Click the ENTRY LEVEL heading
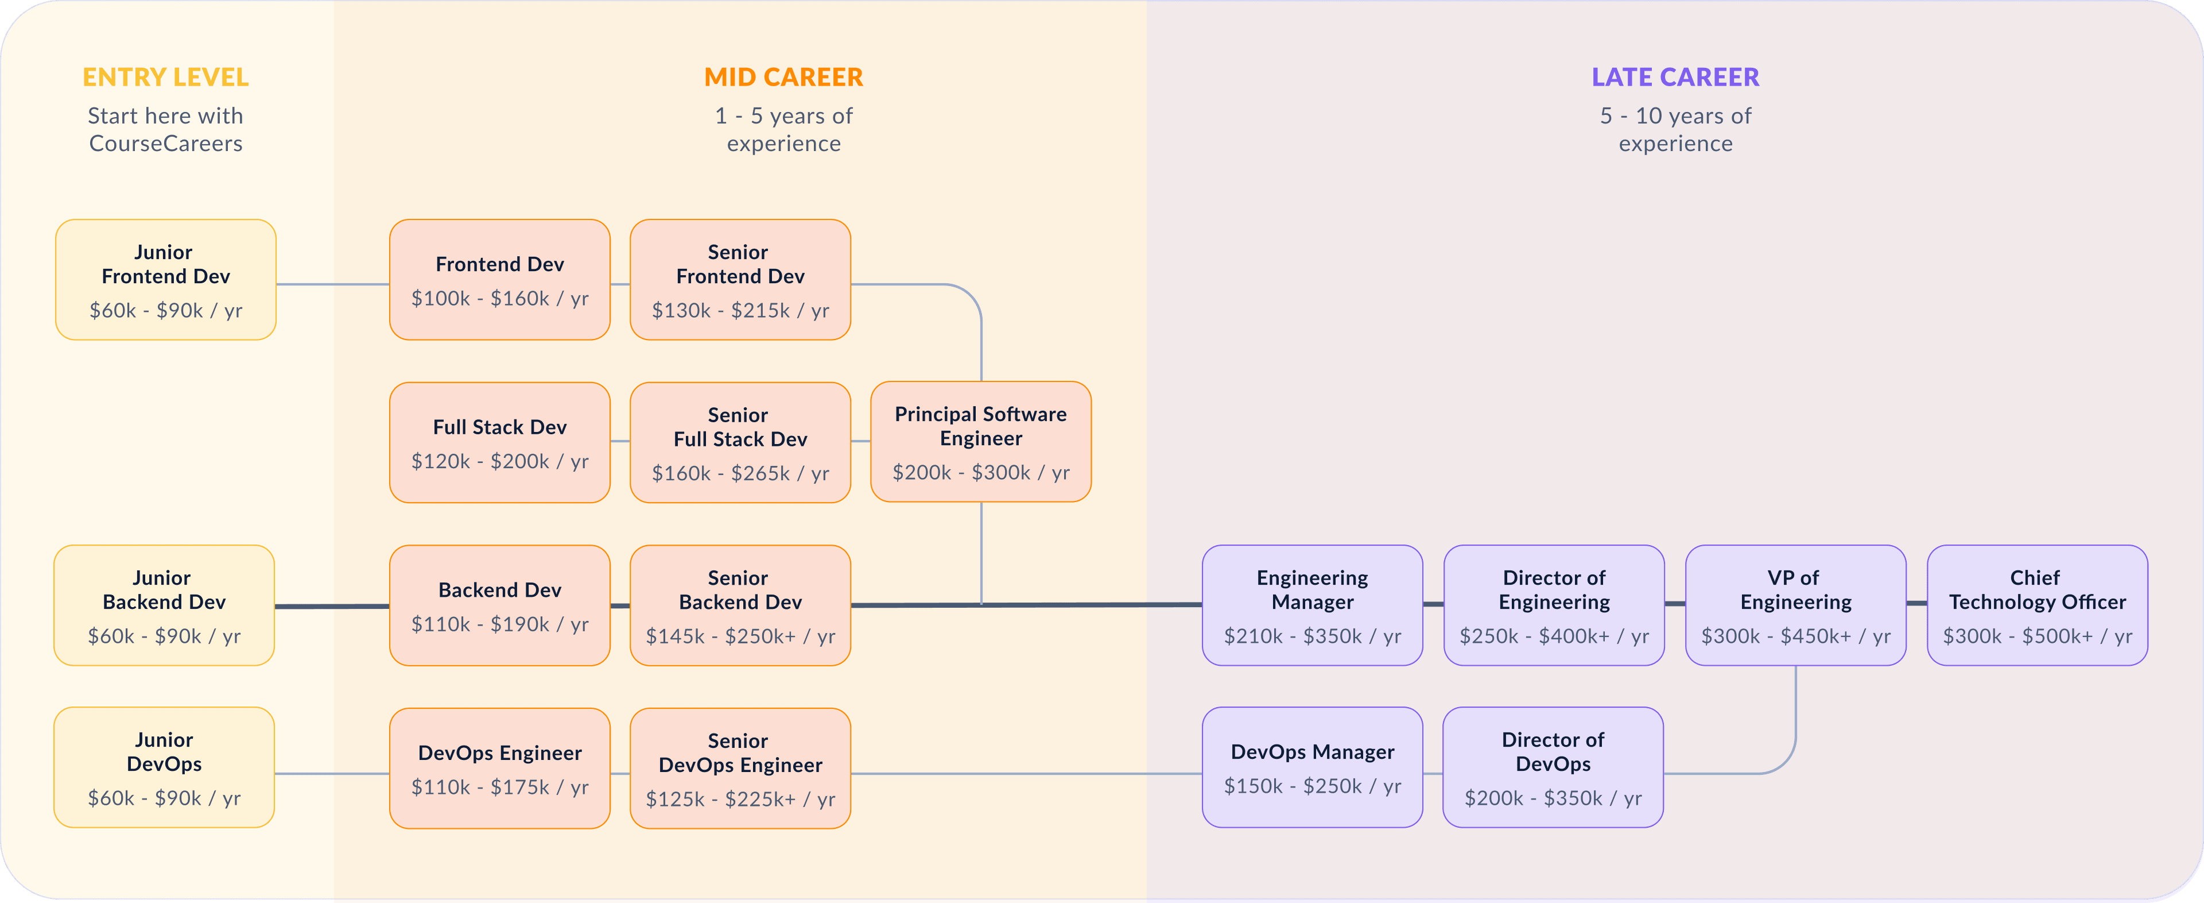pos(165,77)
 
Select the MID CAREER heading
pos(783,77)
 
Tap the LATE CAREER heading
pos(1675,77)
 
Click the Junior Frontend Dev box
pos(166,280)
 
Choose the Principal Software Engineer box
pos(980,442)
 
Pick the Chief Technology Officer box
pos(2037,605)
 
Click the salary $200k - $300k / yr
pos(980,473)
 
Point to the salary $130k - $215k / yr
pos(740,311)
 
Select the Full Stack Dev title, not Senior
pos(500,427)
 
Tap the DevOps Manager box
pos(1313,767)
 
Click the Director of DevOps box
pos(1553,767)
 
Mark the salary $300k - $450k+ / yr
pos(1796,636)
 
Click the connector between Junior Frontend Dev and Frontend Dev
pos(333,284)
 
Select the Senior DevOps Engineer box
pos(740,768)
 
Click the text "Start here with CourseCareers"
pos(165,129)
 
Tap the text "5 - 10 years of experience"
pos(1675,129)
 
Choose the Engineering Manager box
pos(1313,605)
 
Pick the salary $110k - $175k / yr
pos(500,786)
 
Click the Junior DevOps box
pos(164,767)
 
